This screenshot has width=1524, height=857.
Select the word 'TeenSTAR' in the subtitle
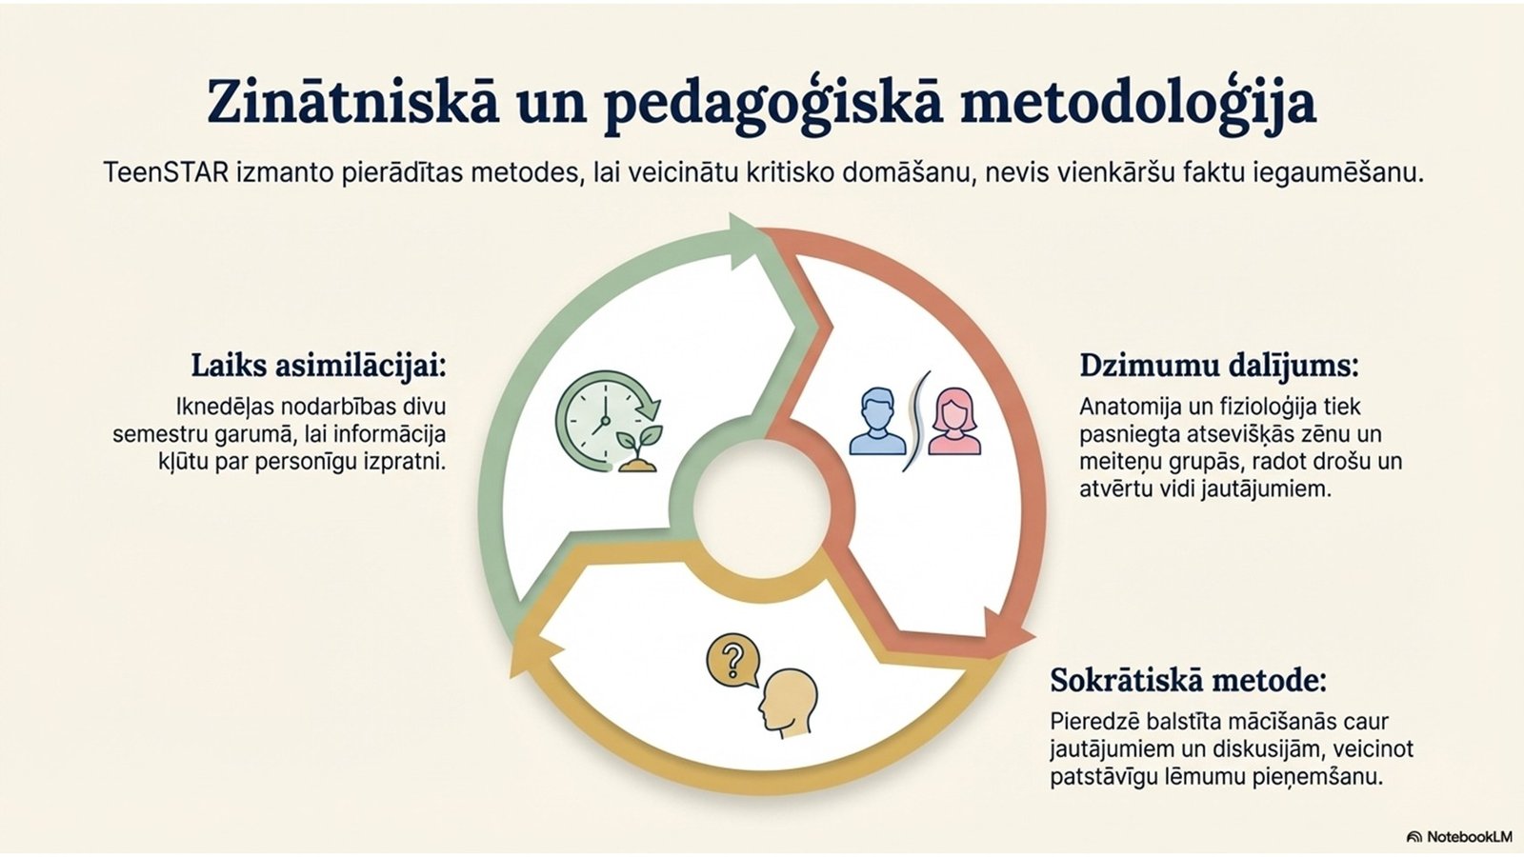[x=166, y=172]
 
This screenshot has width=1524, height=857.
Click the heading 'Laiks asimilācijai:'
[x=318, y=366]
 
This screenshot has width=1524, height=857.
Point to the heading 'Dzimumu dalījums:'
[x=1218, y=366]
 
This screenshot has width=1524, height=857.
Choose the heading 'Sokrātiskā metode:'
[x=1188, y=680]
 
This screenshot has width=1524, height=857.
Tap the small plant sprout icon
[x=638, y=448]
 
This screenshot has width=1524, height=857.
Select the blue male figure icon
[x=877, y=422]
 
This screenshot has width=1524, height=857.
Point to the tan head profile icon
[x=788, y=704]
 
